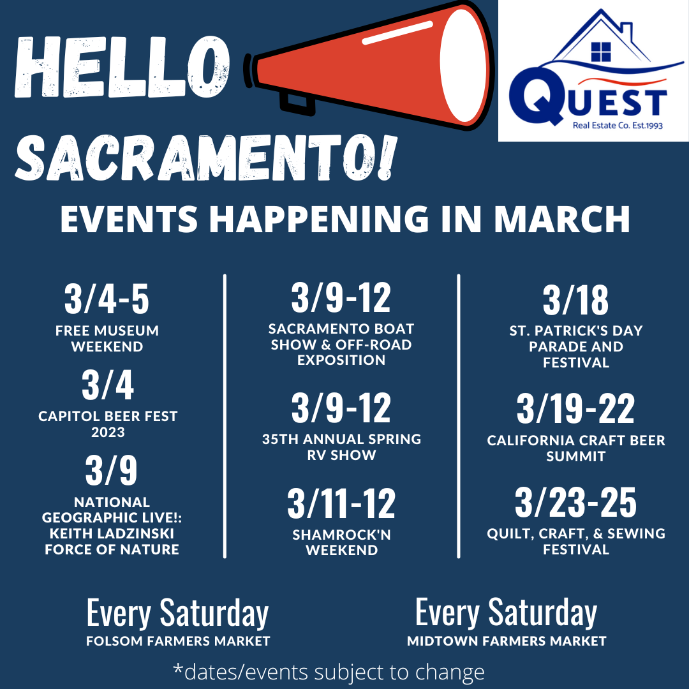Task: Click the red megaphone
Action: [369, 66]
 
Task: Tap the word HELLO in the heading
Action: [122, 67]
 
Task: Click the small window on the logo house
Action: [601, 52]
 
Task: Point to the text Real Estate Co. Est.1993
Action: [618, 126]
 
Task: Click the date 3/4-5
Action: [107, 299]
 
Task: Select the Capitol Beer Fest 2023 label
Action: [108, 424]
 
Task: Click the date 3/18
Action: [575, 300]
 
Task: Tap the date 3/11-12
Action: [341, 503]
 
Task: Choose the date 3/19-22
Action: [575, 409]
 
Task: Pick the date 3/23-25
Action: [575, 502]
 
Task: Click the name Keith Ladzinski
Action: [112, 533]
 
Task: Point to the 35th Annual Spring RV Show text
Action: [341, 447]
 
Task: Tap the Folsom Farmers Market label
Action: [178, 641]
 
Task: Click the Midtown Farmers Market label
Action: [507, 641]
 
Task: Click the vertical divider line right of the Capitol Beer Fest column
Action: [225, 416]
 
